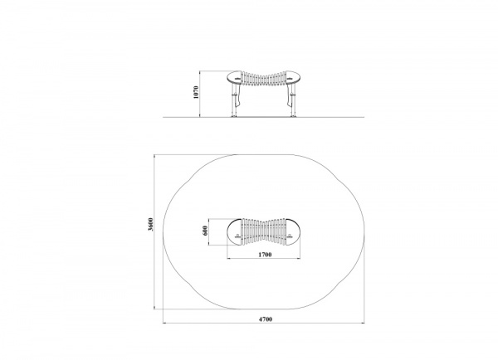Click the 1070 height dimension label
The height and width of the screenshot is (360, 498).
point(196,92)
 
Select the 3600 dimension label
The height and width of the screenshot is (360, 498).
point(151,225)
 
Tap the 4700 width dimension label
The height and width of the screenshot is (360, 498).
point(266,319)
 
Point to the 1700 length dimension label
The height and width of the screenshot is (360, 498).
point(265,255)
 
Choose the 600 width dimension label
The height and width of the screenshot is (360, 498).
point(205,231)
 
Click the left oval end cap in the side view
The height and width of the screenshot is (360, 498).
point(234,77)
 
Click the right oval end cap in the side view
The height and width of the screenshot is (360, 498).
point(293,77)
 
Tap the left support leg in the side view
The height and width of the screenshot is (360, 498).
point(235,101)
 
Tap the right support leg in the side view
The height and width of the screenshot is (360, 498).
point(292,101)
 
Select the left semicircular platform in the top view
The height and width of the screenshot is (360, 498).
point(234,232)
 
